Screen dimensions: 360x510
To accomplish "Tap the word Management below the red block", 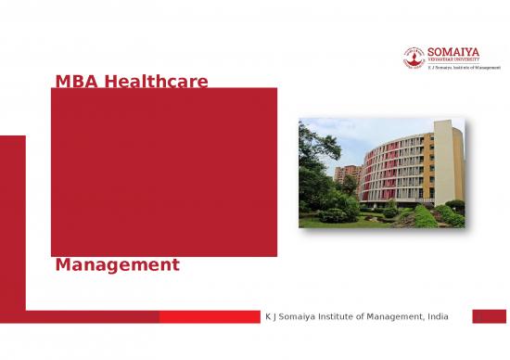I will [118, 265].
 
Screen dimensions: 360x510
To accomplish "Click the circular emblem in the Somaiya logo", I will [414, 57].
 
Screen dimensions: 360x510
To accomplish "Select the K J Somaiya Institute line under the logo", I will [464, 69].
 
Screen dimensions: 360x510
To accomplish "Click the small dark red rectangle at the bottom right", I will [489, 317].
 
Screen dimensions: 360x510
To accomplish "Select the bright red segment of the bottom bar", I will [209, 317].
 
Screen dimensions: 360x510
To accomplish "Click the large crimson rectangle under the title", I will [163, 172].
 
